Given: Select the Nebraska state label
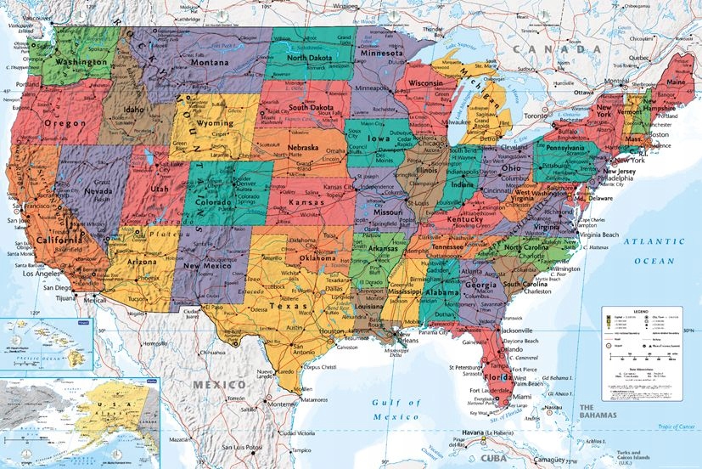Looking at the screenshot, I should tap(302, 148).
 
